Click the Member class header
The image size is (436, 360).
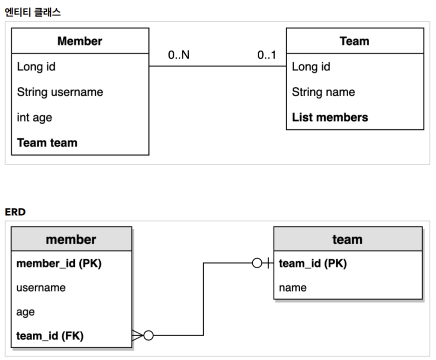[80, 41]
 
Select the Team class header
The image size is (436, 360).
[354, 41]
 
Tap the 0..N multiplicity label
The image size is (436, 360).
[178, 55]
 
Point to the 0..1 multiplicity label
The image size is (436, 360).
[267, 55]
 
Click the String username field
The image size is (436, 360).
[60, 92]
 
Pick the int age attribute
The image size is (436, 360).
[34, 117]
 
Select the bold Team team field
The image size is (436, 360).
[47, 143]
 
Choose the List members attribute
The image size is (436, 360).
[330, 117]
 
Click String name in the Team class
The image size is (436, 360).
[323, 92]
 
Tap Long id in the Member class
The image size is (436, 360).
[36, 66]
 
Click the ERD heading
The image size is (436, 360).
[15, 212]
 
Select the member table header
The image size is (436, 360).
[71, 239]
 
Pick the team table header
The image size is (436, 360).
[347, 239]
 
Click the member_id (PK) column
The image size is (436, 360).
[59, 263]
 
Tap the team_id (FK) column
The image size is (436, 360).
[50, 336]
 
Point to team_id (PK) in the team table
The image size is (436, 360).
[313, 263]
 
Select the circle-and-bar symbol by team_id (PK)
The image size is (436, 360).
[262, 263]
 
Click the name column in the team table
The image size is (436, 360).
[293, 287]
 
